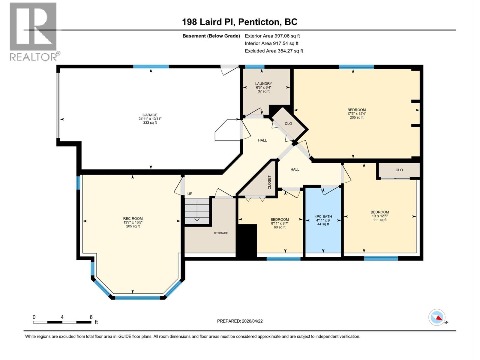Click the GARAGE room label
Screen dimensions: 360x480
[x=150, y=115]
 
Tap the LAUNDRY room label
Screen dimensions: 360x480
[x=263, y=84]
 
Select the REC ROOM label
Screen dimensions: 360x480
[x=133, y=219]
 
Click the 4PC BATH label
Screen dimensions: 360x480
[x=323, y=216]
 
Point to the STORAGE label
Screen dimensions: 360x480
[x=221, y=233]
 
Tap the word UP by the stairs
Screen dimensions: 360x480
[x=190, y=194]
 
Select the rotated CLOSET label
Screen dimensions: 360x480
[x=269, y=182]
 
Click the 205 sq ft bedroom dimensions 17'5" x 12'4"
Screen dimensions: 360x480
[x=356, y=114]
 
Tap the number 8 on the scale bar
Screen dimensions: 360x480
[x=91, y=317]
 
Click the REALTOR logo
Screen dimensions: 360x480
[x=33, y=31]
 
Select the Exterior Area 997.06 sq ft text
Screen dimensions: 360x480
[x=272, y=36]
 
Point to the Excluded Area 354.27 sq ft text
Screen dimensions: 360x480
[x=274, y=51]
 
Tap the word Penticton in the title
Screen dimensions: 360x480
[x=260, y=22]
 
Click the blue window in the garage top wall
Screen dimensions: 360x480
[x=151, y=67]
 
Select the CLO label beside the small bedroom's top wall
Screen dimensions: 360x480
[x=399, y=170]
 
